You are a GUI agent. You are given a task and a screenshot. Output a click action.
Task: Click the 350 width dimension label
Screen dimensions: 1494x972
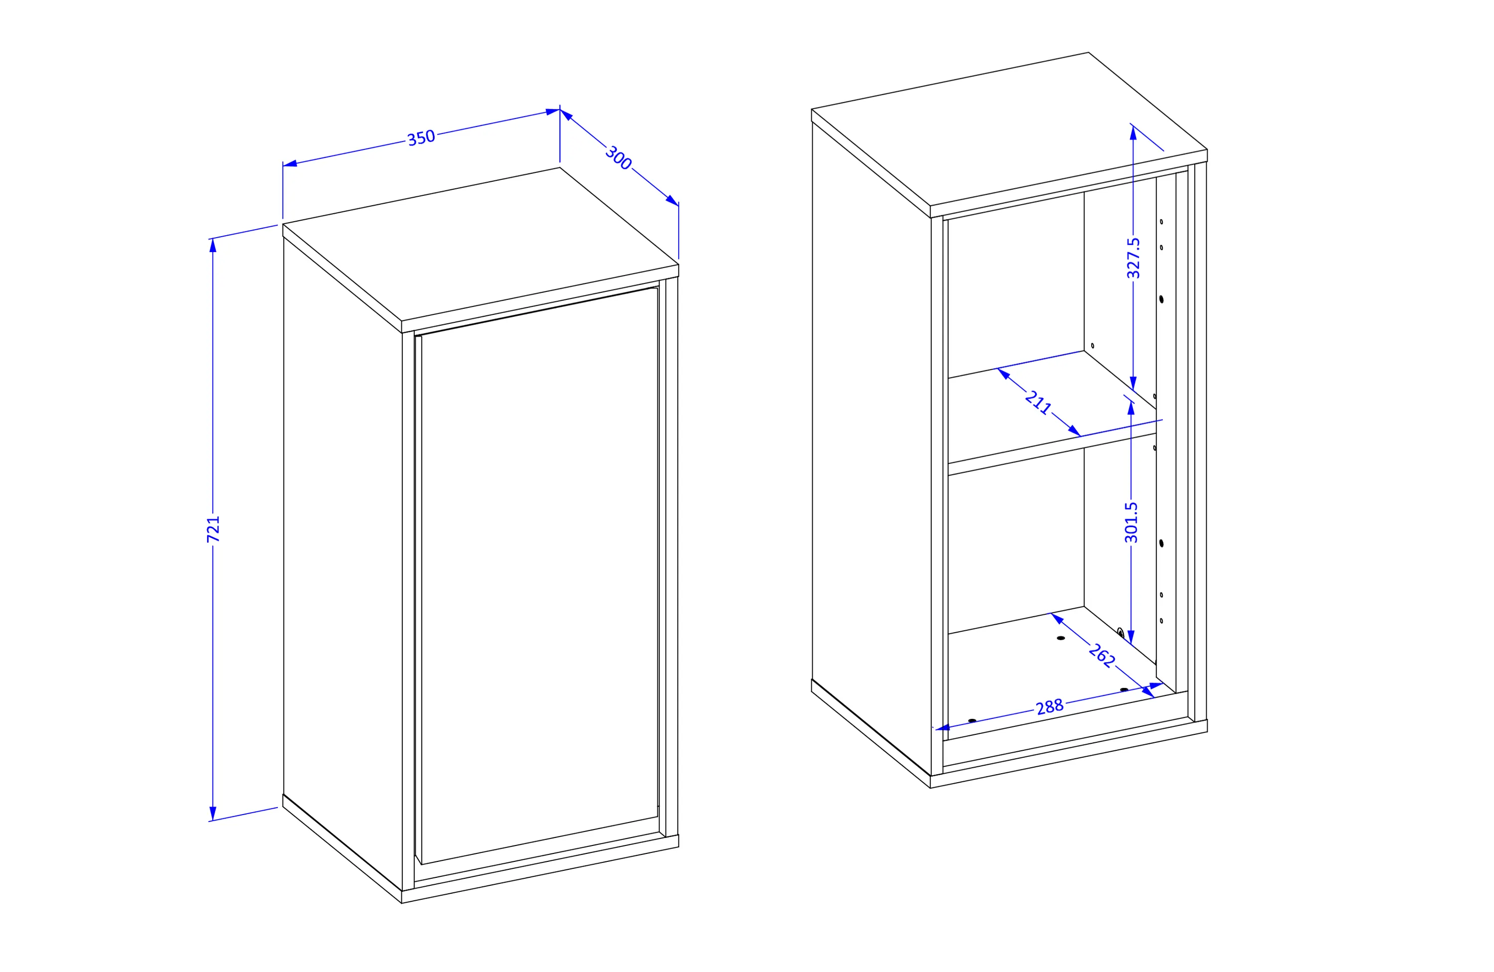coord(421,138)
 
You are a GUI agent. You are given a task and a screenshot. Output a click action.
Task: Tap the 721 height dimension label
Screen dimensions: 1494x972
coord(214,529)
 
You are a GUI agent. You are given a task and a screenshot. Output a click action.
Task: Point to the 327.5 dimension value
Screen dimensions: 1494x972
coord(1133,258)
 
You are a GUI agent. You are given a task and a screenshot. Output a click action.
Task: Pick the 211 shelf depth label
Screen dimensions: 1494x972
coord(1038,402)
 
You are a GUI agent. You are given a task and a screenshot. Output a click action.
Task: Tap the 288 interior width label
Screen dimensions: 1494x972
coord(1050,707)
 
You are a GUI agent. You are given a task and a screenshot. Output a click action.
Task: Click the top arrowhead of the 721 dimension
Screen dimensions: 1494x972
coord(213,245)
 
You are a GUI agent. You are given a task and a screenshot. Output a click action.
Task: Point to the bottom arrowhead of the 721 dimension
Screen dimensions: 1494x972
coord(213,814)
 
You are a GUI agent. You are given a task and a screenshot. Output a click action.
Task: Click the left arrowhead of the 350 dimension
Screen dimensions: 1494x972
coord(289,164)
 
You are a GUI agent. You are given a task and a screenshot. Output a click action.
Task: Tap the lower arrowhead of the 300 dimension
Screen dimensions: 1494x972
coord(672,200)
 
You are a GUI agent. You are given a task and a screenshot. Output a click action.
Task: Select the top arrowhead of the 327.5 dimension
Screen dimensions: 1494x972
coord(1133,133)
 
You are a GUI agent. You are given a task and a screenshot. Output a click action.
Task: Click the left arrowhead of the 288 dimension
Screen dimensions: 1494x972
coord(943,728)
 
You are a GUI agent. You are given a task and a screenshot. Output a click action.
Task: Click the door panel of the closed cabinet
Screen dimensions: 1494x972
coord(540,574)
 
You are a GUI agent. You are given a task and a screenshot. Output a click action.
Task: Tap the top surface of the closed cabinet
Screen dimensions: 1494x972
coord(481,244)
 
